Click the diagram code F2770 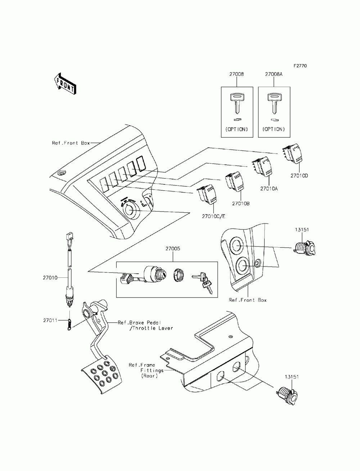coord(300,66)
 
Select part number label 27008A coord(274,74)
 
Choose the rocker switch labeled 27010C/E coord(208,196)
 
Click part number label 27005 coord(173,249)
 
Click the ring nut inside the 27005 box coord(178,277)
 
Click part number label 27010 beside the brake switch coord(50,278)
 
